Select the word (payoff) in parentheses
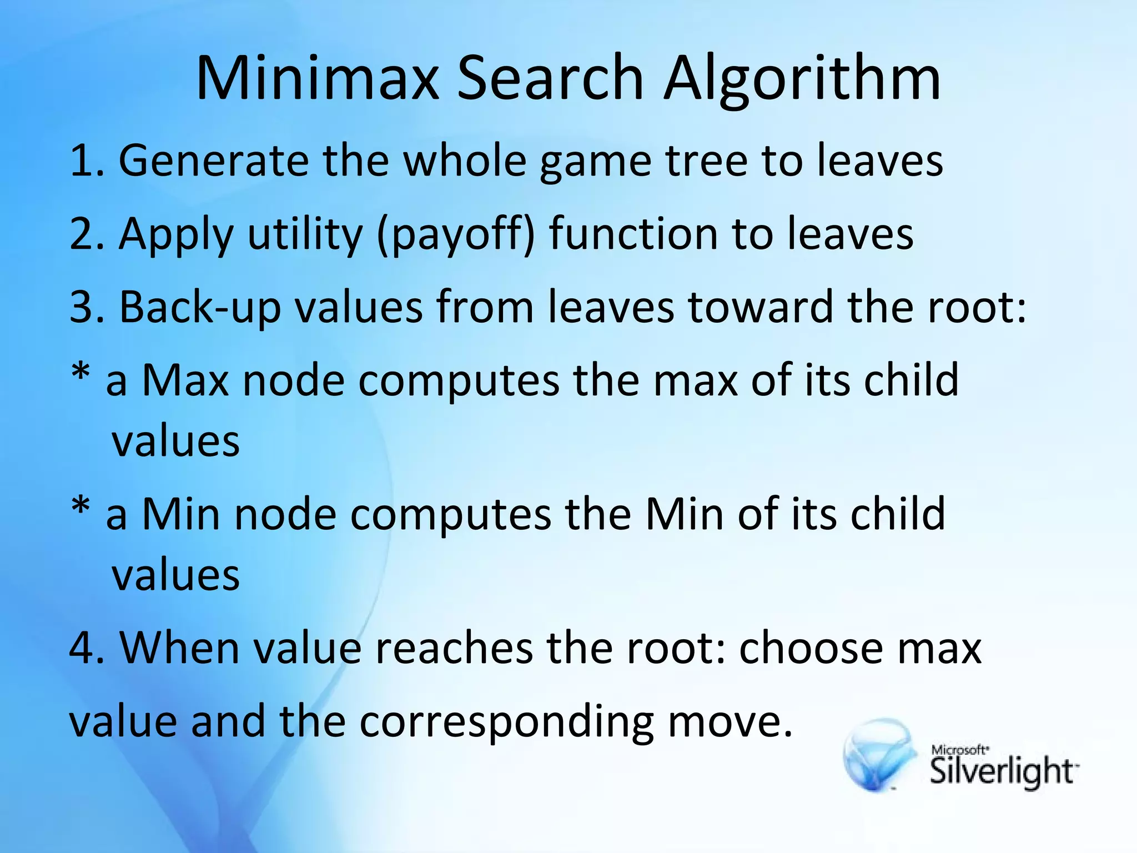tap(456, 234)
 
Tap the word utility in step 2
tap(305, 234)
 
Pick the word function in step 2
tap(633, 234)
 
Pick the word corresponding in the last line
tap(506, 722)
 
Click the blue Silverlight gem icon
tap(880, 755)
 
